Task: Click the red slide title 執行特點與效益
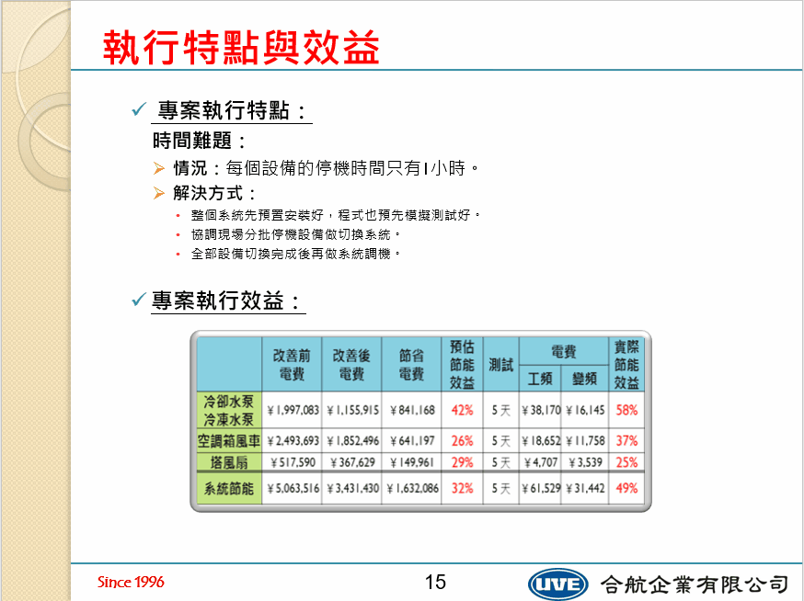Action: click(241, 47)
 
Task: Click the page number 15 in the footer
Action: click(435, 582)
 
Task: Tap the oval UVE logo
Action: click(557, 584)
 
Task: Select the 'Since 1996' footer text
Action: click(131, 582)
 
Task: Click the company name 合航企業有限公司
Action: click(695, 584)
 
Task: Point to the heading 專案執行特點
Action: click(231, 110)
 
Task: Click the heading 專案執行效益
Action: click(225, 300)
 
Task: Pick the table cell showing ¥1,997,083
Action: click(293, 411)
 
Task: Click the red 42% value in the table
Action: click(462, 411)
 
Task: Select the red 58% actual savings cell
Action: click(626, 411)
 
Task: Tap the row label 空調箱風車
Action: click(229, 440)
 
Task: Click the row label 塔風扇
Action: click(229, 462)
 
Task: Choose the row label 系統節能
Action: click(229, 489)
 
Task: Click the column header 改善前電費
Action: click(292, 365)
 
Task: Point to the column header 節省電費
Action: click(411, 365)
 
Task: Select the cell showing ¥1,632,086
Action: click(413, 489)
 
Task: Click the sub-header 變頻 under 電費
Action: click(584, 379)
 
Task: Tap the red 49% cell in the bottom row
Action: click(626, 488)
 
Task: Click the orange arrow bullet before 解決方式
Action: click(159, 193)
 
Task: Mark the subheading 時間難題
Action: click(199, 141)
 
